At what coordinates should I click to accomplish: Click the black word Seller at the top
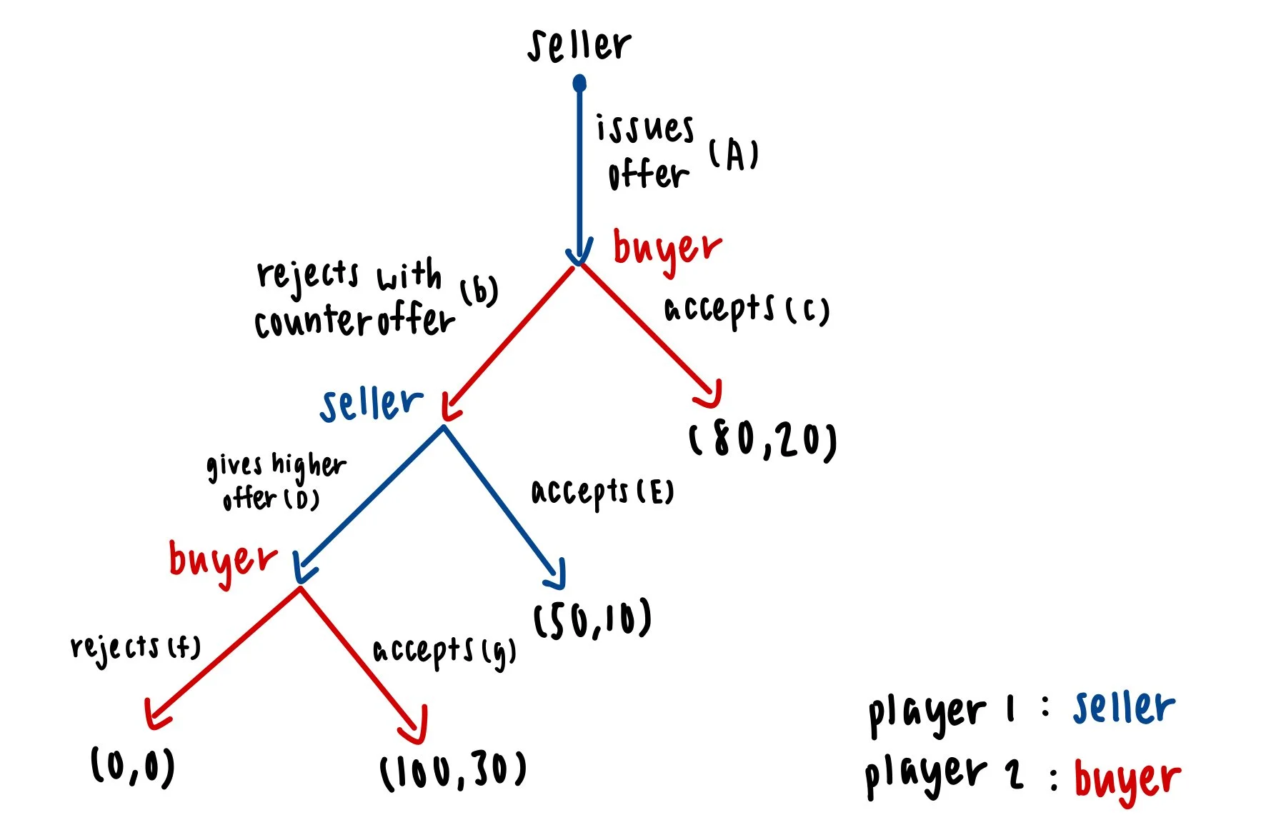579,45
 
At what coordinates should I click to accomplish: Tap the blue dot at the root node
579,84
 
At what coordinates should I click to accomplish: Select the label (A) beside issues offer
734,154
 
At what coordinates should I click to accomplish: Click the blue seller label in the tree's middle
371,404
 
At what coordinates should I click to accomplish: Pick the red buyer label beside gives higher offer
222,561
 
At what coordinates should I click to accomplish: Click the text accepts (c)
747,310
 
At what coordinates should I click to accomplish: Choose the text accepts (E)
602,492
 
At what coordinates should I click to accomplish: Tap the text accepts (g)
444,651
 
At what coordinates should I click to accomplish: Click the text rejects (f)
135,647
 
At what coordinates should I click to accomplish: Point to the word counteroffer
354,321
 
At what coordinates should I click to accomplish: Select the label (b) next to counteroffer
479,291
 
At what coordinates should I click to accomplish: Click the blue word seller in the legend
1123,708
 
